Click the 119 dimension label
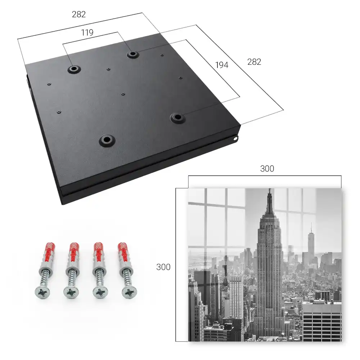(x=87, y=33)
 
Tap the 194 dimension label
(x=222, y=65)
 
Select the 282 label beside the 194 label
(x=254, y=62)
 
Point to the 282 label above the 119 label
(x=79, y=14)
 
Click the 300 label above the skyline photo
(x=267, y=169)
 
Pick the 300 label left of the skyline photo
(x=163, y=267)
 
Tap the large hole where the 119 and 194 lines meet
(x=132, y=54)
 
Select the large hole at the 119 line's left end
(x=74, y=69)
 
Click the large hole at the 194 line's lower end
(x=177, y=118)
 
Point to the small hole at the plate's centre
(x=123, y=94)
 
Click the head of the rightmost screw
(x=129, y=292)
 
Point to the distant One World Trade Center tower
(x=311, y=241)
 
